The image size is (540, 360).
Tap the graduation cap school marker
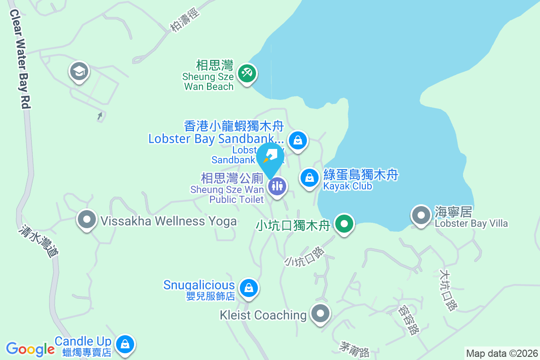click(x=79, y=71)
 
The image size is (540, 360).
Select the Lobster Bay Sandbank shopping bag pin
click(x=297, y=140)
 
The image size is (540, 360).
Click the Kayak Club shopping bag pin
click(x=310, y=177)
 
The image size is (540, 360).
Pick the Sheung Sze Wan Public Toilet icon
click(x=277, y=185)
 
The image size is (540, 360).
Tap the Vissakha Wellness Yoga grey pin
click(x=87, y=220)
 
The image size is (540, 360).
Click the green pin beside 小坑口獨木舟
click(x=344, y=223)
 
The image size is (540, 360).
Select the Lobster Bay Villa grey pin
click(x=421, y=215)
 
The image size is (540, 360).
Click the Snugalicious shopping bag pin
click(x=248, y=287)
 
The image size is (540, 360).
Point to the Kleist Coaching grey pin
click(x=320, y=313)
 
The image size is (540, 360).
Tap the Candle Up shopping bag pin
click(x=125, y=344)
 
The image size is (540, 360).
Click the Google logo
click(x=30, y=349)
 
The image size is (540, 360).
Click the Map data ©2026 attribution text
click(x=501, y=353)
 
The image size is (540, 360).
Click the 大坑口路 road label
click(x=448, y=290)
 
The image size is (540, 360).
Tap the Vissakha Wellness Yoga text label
click(x=168, y=221)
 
